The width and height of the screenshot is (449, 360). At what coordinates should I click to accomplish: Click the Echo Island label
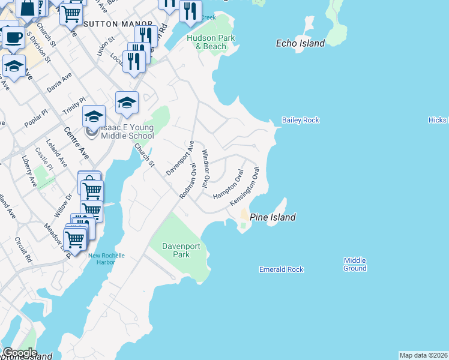(x=300, y=43)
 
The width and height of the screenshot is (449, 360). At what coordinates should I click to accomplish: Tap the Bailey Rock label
(x=301, y=120)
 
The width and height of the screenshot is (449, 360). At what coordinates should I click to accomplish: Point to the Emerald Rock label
(x=282, y=269)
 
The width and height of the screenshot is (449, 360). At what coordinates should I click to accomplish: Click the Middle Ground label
(x=355, y=264)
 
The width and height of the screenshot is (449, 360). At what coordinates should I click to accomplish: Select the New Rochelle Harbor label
(x=106, y=259)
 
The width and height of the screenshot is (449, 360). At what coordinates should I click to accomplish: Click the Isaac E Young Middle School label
(x=124, y=132)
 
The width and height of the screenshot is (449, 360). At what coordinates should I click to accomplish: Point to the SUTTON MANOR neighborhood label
(x=111, y=25)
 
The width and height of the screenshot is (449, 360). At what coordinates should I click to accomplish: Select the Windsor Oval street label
(x=206, y=168)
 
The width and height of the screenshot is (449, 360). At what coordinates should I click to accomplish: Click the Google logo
(x=19, y=353)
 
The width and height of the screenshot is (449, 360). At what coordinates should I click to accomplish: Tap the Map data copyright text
(x=424, y=355)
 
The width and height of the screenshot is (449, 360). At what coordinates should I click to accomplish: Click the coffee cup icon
(x=14, y=37)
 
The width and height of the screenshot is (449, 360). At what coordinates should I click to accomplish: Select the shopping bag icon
(x=27, y=8)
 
